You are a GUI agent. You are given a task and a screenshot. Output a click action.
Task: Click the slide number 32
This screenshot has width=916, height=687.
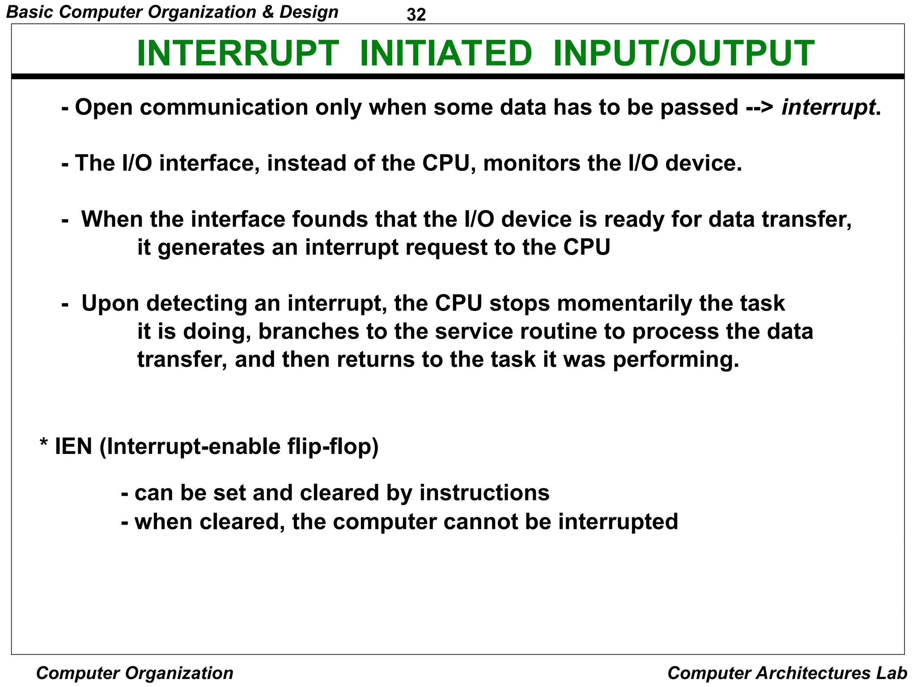click(416, 15)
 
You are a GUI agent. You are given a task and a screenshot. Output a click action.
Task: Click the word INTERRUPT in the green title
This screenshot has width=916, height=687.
click(237, 54)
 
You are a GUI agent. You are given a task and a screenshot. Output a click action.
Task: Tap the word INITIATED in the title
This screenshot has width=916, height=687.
click(445, 54)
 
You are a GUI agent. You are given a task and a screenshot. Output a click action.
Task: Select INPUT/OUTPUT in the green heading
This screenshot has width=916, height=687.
click(683, 54)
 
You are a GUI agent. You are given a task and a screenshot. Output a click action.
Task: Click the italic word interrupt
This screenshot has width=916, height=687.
click(828, 107)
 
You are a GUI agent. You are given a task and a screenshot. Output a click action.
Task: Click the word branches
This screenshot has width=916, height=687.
click(309, 331)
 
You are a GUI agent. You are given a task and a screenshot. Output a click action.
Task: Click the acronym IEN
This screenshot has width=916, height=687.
click(73, 446)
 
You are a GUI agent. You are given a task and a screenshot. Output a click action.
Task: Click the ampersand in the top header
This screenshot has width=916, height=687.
click(268, 12)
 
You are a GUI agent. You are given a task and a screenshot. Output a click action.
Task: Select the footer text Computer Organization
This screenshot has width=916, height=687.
click(135, 673)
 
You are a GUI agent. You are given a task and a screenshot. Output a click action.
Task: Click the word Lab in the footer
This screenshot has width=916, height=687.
click(892, 673)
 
